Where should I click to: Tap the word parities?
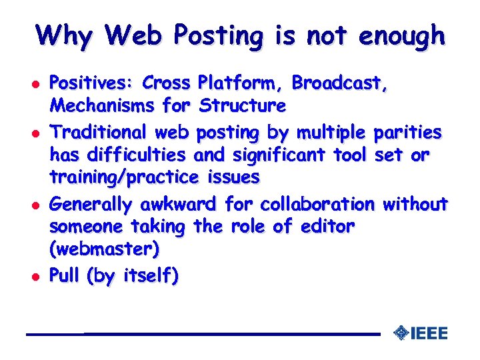point(408,133)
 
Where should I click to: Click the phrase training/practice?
point(124,177)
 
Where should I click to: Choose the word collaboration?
point(317,203)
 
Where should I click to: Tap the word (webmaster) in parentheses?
point(105,249)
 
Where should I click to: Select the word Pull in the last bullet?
point(65,276)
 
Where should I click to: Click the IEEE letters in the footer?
point(429,333)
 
